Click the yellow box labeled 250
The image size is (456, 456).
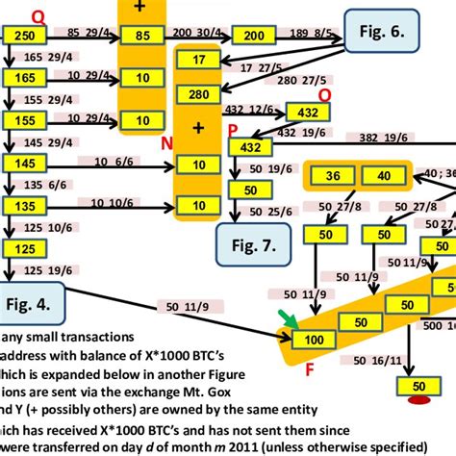point(24,36)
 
